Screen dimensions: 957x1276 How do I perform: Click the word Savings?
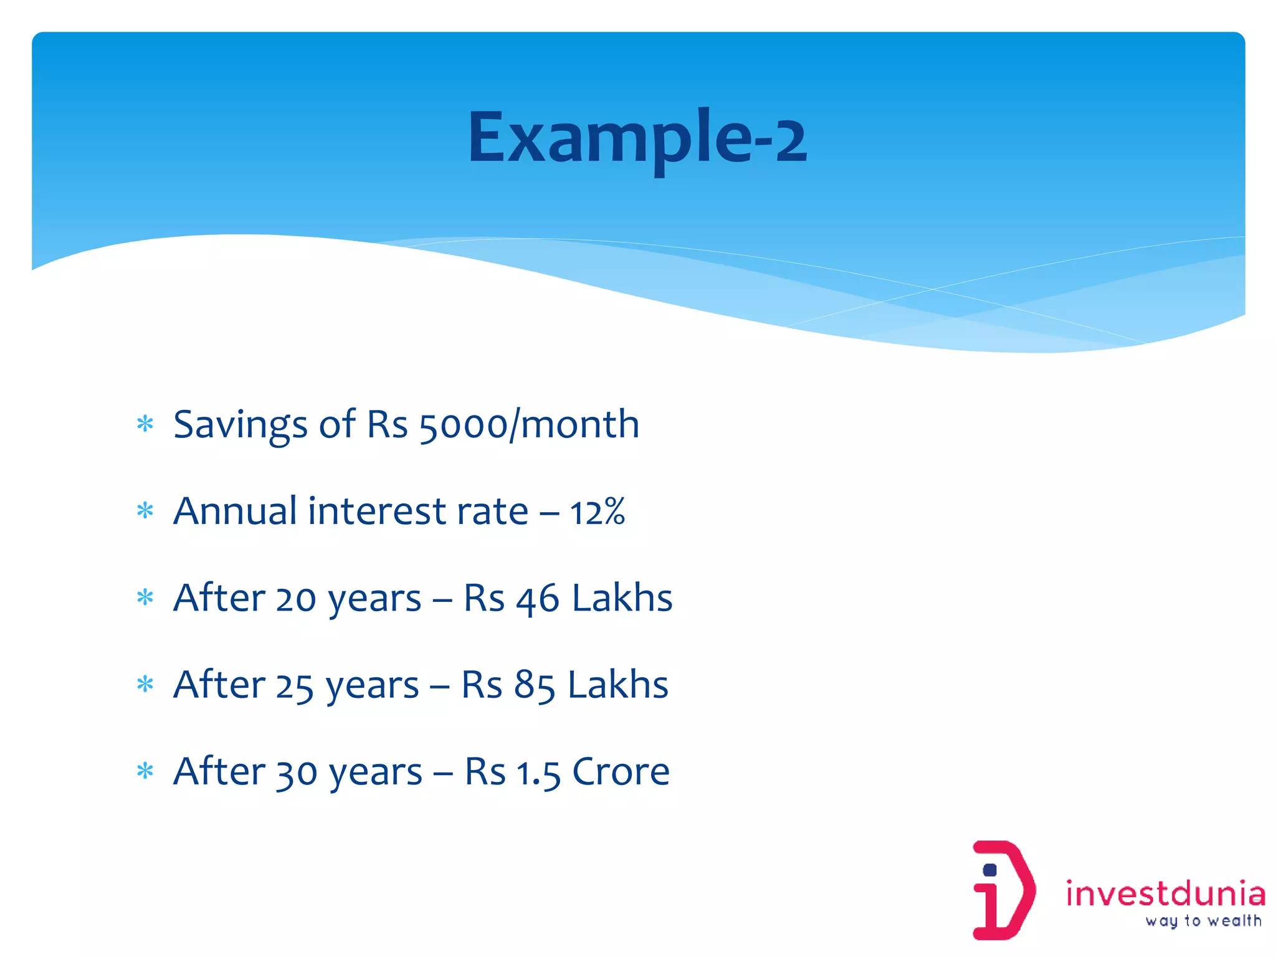240,425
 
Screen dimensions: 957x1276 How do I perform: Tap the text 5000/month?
529,425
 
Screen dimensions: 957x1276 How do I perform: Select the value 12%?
597,512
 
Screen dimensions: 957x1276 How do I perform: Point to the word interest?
376,511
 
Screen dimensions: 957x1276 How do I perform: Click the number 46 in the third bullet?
537,599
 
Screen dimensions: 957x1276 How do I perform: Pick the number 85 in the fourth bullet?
534,685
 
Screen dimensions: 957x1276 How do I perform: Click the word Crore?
621,771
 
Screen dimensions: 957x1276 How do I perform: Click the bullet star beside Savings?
145,424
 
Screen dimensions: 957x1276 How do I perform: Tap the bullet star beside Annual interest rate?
145,511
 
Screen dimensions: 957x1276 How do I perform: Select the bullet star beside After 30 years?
145,771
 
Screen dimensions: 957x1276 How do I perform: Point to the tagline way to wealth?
1203,921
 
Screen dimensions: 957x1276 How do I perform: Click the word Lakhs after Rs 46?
622,598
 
